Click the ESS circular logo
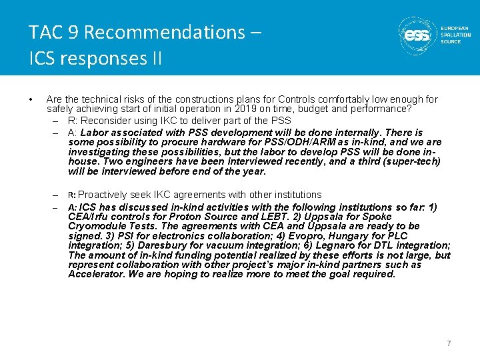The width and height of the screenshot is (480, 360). pos(418,35)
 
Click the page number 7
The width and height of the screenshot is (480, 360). pos(449,343)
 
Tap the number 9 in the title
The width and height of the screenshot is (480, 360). pos(74,32)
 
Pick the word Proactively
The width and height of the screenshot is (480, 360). pos(106,195)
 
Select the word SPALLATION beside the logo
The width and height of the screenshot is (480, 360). pos(456,35)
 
